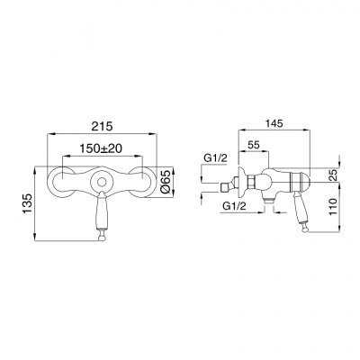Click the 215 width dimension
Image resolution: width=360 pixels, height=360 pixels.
(x=103, y=126)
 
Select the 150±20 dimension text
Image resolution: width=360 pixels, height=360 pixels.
(x=101, y=148)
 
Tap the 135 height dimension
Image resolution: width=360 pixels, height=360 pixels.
(x=27, y=204)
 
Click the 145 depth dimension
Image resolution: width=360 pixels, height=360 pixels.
(x=274, y=123)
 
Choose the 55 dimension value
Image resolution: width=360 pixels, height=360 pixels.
(x=254, y=145)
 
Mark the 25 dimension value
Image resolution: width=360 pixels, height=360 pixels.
(x=334, y=175)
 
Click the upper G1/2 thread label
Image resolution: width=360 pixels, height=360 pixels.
(x=216, y=159)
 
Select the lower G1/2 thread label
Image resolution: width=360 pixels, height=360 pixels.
(x=234, y=206)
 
